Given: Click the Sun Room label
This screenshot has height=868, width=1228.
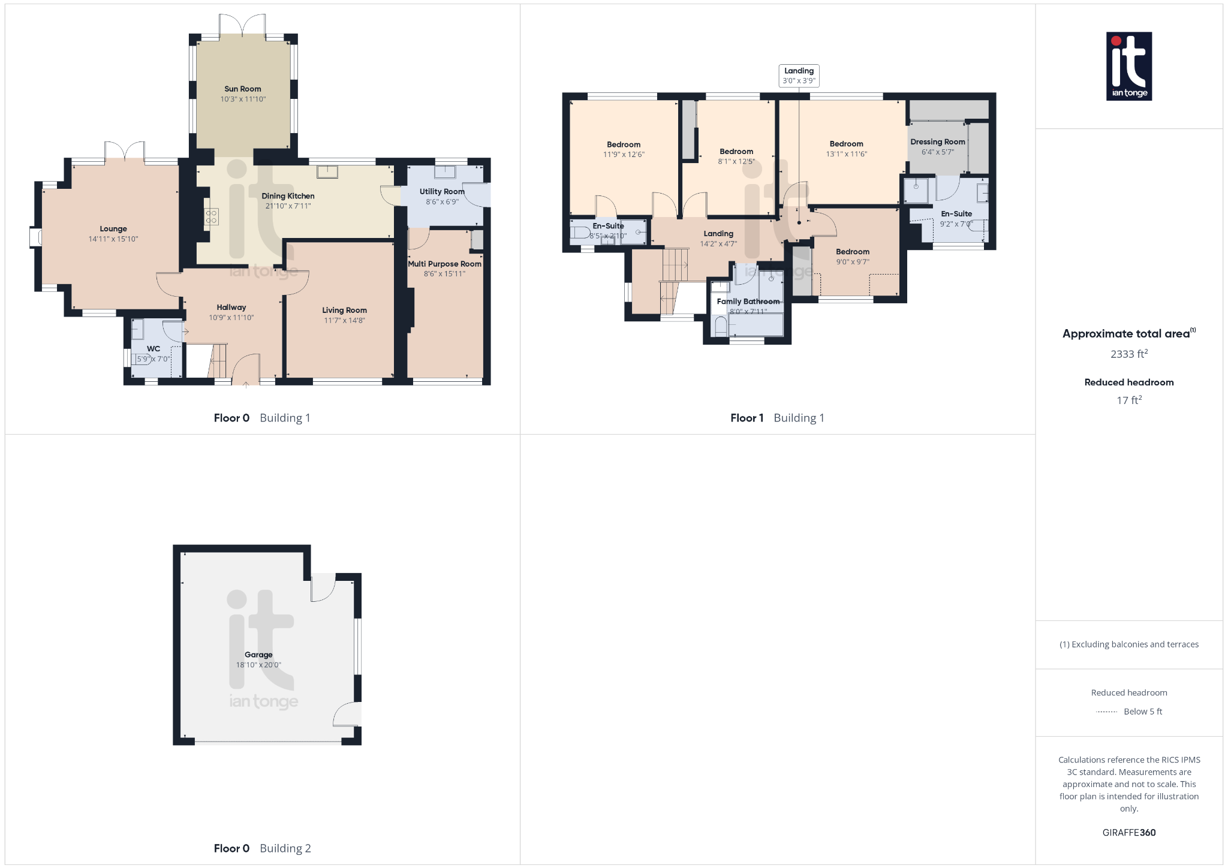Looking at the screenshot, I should pyautogui.click(x=242, y=89).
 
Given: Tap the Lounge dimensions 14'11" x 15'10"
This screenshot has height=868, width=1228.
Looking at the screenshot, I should pyautogui.click(x=113, y=239).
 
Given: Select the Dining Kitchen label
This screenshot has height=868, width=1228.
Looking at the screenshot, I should pyautogui.click(x=288, y=196).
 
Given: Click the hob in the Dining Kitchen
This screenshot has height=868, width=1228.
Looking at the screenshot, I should pyautogui.click(x=211, y=216).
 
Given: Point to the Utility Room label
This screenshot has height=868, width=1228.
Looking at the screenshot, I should pyautogui.click(x=442, y=192).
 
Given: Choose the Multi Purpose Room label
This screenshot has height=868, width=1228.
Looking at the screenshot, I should pyautogui.click(x=444, y=264).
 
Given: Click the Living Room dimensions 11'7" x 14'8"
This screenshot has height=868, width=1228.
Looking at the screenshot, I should pyautogui.click(x=344, y=321).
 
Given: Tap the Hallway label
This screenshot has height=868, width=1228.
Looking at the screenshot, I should pyautogui.click(x=231, y=308).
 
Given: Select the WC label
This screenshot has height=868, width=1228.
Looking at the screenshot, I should pyautogui.click(x=153, y=349).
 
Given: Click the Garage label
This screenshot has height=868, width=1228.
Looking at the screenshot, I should pyautogui.click(x=258, y=655).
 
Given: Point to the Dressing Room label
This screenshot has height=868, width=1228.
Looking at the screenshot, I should pyautogui.click(x=938, y=142).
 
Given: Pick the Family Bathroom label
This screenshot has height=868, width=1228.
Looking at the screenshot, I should pyautogui.click(x=748, y=302).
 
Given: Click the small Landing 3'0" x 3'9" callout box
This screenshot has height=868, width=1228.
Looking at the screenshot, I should pyautogui.click(x=799, y=76).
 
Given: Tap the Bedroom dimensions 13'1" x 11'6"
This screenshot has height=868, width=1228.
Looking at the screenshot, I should pyautogui.click(x=846, y=154).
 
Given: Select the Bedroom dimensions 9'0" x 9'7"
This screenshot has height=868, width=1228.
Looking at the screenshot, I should pyautogui.click(x=853, y=262).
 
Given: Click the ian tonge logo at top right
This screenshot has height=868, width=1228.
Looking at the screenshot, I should pyautogui.click(x=1128, y=66).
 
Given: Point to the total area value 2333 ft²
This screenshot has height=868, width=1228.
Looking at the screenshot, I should pyautogui.click(x=1128, y=354).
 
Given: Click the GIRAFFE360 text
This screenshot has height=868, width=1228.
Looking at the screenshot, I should pyautogui.click(x=1128, y=833).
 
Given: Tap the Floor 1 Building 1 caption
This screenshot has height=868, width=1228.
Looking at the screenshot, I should pyautogui.click(x=777, y=418).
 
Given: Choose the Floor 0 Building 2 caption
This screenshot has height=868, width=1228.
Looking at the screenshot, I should pyautogui.click(x=262, y=848).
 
